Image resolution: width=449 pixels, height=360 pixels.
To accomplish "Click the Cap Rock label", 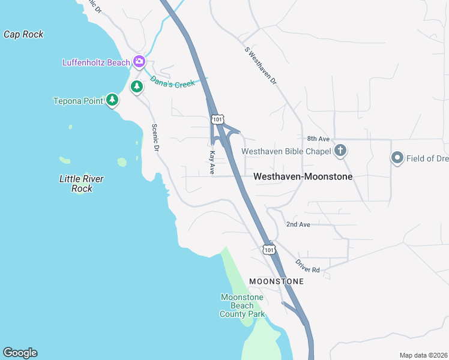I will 23,34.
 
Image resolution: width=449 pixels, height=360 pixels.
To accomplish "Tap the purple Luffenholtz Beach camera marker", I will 139,61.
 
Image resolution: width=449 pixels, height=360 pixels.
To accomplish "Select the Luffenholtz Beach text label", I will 97,62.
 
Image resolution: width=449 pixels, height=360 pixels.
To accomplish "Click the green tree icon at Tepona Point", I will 112,100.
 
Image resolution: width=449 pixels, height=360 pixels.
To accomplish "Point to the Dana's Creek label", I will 173,81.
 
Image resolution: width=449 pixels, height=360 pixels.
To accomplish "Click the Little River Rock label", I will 82,184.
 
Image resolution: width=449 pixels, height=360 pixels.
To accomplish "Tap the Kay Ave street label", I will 212,163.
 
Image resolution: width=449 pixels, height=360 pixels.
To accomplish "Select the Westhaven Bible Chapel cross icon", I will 340,151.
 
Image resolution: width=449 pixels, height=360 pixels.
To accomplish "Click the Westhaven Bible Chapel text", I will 286,152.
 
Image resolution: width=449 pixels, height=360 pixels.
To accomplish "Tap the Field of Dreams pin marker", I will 397,158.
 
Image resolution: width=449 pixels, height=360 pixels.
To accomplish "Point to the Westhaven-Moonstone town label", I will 303,177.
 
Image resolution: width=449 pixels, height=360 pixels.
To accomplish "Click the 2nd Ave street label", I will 298,224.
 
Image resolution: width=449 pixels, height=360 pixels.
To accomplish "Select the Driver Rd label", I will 307,265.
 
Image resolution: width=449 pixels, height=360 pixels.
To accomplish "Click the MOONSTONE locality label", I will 276,281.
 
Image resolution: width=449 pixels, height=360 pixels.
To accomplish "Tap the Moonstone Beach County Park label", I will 242,305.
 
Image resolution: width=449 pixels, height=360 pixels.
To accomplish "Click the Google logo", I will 20,353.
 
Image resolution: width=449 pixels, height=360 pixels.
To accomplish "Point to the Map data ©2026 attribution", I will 423,355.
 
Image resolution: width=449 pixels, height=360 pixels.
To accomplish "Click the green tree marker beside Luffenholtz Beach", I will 137,87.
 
